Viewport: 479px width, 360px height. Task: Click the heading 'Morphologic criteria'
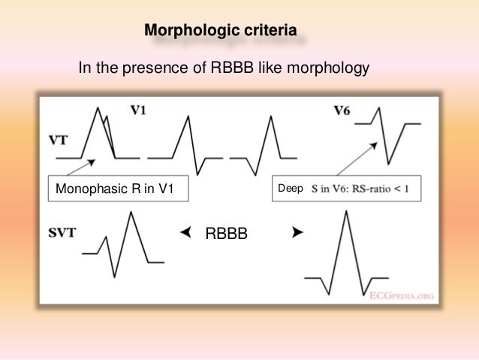(219, 31)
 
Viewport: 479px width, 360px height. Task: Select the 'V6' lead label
(342, 111)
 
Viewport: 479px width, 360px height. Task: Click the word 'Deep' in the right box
(290, 190)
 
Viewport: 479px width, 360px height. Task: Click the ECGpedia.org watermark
(401, 295)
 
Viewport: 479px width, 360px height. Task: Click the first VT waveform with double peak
(100, 135)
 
